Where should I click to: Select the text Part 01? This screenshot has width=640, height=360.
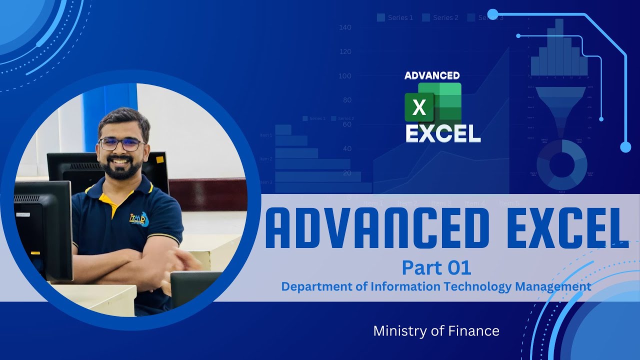pos(436,268)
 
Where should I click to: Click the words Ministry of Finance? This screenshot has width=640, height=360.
pos(436,331)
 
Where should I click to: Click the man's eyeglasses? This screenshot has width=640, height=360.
pos(121,144)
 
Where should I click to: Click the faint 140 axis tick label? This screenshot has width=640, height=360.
pos(345,27)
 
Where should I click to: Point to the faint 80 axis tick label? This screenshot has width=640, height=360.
pos(347,100)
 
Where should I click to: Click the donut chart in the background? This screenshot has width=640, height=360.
pos(561,165)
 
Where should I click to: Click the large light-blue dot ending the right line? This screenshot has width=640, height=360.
pos(625,147)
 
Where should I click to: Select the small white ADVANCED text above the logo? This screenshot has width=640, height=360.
pos(432,75)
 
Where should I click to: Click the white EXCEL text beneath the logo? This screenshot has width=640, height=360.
pos(443,134)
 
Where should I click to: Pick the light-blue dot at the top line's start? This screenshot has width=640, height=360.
pos(492,13)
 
